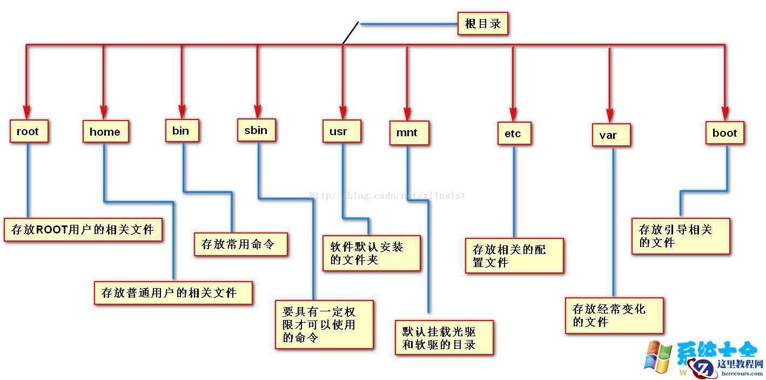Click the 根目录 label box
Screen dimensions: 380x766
[482, 24]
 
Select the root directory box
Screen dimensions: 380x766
[29, 131]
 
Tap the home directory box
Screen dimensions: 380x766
[105, 131]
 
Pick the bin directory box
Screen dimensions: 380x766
[182, 131]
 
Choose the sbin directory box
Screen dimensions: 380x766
[256, 130]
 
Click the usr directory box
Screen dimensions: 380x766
[341, 131]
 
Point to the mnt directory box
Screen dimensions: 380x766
[409, 133]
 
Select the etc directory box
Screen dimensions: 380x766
[514, 134]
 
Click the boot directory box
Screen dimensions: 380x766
[724, 133]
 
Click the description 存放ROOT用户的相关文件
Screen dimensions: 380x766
[83, 230]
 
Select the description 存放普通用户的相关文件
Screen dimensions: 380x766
[173, 293]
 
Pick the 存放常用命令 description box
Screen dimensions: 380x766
[240, 244]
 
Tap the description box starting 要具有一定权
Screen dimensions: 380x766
[324, 324]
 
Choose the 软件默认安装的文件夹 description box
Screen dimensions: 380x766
[371, 253]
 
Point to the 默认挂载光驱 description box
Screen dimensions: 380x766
[444, 337]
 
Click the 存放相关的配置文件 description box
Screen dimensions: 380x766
[514, 256]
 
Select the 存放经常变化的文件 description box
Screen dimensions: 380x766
[614, 316]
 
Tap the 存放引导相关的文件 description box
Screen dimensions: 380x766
[680, 236]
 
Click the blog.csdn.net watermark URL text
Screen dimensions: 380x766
[386, 196]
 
